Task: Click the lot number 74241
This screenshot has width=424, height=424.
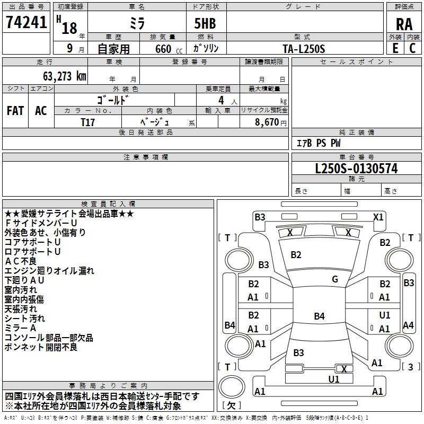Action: pyautogui.click(x=26, y=23)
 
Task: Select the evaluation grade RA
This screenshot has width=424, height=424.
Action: pyautogui.click(x=404, y=24)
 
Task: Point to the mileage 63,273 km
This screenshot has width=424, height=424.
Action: pyautogui.click(x=61, y=76)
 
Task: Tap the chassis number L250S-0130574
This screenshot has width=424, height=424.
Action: pyautogui.click(x=356, y=169)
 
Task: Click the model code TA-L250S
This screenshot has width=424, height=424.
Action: pyautogui.click(x=304, y=48)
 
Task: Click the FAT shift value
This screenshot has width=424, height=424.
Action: pyautogui.click(x=15, y=111)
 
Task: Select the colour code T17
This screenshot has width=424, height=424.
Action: pyautogui.click(x=88, y=122)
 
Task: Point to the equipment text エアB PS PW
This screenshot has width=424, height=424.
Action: pyautogui.click(x=318, y=143)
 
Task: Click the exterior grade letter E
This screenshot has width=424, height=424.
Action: pyautogui.click(x=395, y=48)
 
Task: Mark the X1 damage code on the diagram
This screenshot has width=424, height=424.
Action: pyautogui.click(x=378, y=217)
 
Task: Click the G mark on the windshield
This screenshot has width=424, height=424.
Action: pyautogui.click(x=334, y=279)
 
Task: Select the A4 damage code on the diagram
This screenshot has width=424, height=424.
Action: pyautogui.click(x=408, y=325)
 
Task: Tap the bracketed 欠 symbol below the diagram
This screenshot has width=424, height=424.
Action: pyautogui.click(x=231, y=405)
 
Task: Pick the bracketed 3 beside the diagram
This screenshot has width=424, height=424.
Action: pyautogui.click(x=410, y=367)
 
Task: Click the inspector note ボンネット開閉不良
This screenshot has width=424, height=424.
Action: pyautogui.click(x=41, y=347)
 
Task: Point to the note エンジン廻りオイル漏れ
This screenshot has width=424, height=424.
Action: pyautogui.click(x=49, y=270)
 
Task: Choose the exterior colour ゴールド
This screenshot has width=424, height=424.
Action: pyautogui.click(x=113, y=99)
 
